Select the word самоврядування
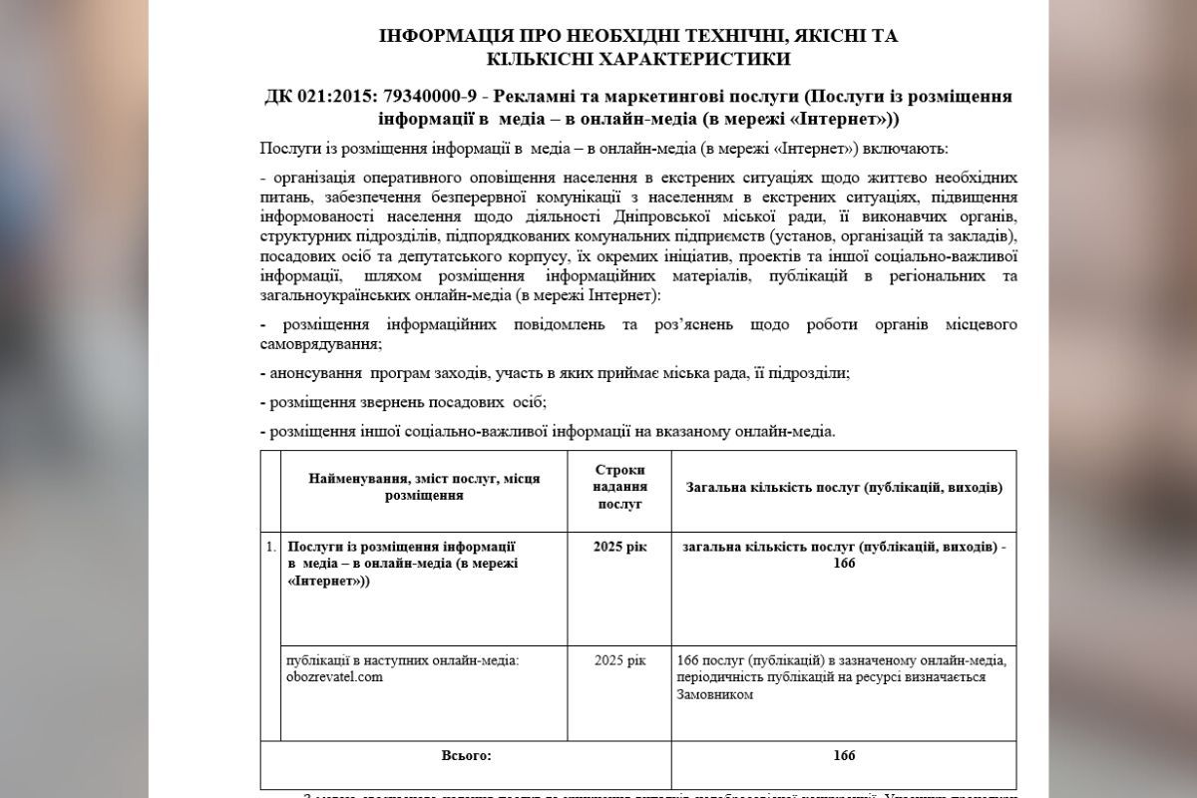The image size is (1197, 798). (x=320, y=344)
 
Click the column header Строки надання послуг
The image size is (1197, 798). (x=619, y=487)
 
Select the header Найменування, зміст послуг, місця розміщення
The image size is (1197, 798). (x=424, y=487)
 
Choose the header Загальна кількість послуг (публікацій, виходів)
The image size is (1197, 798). (x=844, y=487)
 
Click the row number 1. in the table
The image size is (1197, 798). (x=271, y=547)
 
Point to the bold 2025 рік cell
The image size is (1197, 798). (x=619, y=547)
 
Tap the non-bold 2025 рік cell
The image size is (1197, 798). (x=619, y=659)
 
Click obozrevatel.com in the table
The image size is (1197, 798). (x=334, y=676)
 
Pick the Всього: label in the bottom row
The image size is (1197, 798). (x=466, y=755)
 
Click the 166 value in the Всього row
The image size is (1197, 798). (x=844, y=755)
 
